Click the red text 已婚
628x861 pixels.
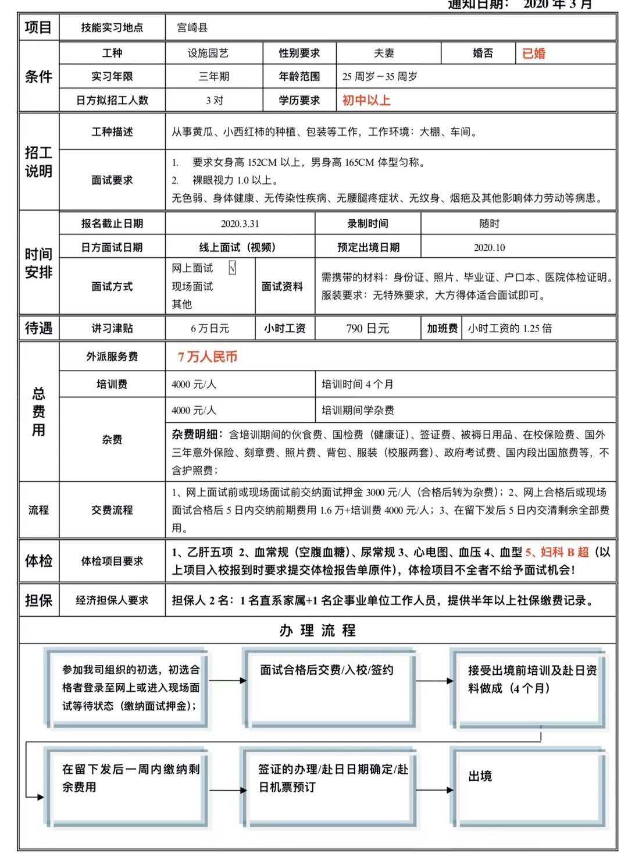533,54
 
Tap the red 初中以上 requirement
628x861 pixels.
366,100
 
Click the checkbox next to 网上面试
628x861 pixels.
233,268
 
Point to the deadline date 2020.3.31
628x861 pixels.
240,224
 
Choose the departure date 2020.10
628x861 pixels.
489,247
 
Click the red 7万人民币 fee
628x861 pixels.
208,357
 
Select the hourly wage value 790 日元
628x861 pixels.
367,329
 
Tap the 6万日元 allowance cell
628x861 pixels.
210,329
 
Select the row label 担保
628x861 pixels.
38,600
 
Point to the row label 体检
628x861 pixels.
38,561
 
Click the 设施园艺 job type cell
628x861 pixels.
208,54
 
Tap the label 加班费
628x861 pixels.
442,329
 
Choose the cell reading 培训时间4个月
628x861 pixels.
358,385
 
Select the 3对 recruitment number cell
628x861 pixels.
214,100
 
